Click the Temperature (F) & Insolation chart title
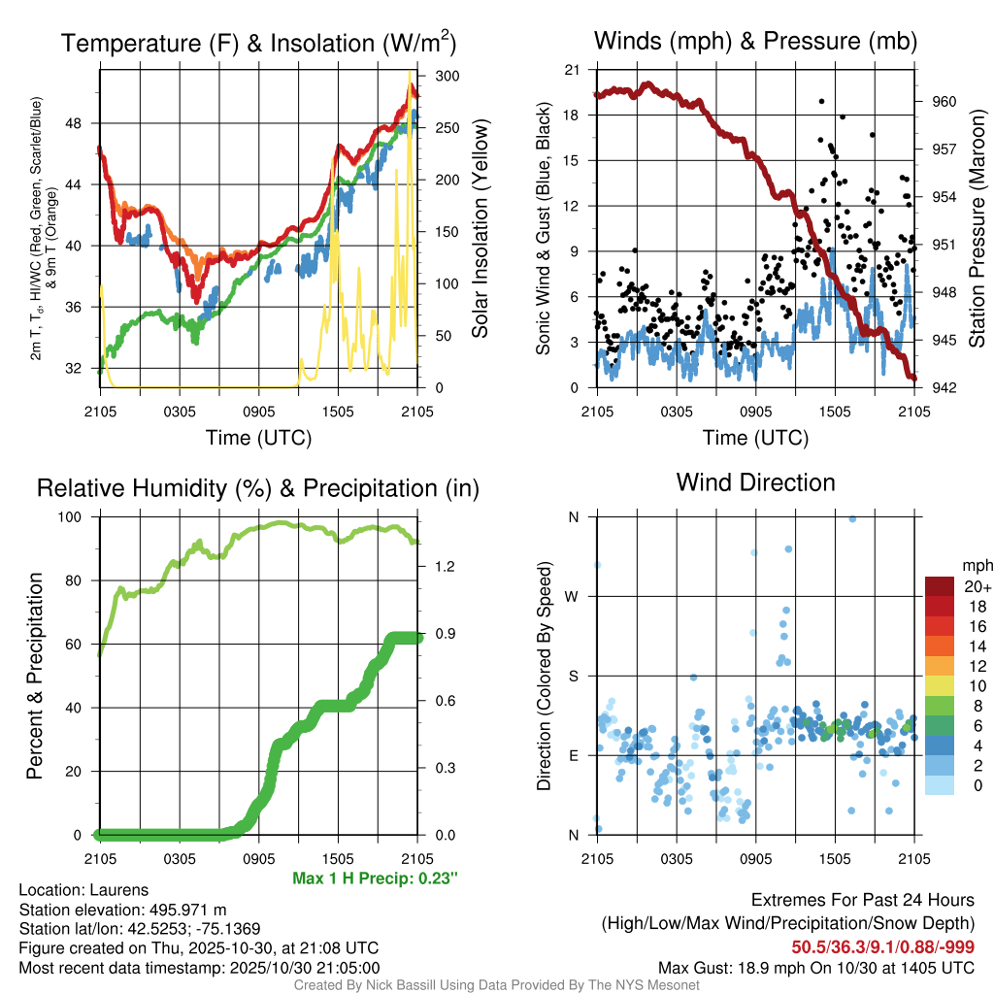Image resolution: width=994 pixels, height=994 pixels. (x=258, y=43)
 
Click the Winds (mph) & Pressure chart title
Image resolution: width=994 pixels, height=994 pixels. (x=755, y=41)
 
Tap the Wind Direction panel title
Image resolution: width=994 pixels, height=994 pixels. (x=755, y=482)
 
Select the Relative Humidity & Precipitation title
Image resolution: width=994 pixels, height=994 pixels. (x=258, y=488)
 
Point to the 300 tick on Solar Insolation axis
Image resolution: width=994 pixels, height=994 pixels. (x=447, y=76)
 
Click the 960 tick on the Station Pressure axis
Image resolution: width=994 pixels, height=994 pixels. (x=945, y=101)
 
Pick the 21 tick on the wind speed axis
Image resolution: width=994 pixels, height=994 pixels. (x=573, y=70)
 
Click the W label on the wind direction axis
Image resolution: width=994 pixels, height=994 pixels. (x=573, y=596)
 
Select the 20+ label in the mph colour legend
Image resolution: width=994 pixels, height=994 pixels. (x=977, y=586)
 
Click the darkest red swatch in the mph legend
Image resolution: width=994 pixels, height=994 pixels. (x=940, y=586)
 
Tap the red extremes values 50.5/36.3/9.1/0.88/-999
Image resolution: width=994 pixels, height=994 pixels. (x=882, y=946)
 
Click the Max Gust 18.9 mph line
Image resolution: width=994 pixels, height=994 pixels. (x=815, y=967)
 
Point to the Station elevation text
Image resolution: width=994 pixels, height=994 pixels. (x=123, y=910)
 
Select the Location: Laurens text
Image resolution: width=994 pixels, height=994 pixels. (x=83, y=890)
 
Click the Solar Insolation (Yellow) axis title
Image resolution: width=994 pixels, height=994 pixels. (x=480, y=229)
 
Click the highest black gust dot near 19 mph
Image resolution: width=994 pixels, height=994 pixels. (x=822, y=101)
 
